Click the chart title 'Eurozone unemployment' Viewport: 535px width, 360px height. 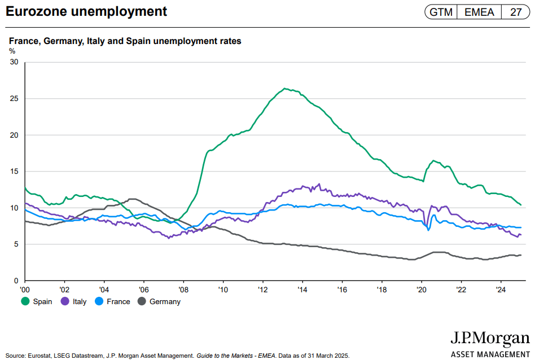pyautogui.click(x=86, y=11)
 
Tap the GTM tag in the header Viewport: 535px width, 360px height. pyautogui.click(x=441, y=12)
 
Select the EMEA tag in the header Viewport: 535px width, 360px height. pyautogui.click(x=479, y=12)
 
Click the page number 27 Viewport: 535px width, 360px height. pyautogui.click(x=515, y=12)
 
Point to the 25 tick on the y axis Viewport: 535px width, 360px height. pyautogui.click(x=15, y=99)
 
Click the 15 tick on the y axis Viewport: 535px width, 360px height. pyautogui.click(x=15, y=172)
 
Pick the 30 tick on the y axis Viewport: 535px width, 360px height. pyautogui.click(x=15, y=62)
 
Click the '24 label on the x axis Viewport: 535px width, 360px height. pyautogui.click(x=501, y=289)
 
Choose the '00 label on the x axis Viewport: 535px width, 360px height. pyautogui.click(x=25, y=289)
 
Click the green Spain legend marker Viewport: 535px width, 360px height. pyautogui.click(x=25, y=301)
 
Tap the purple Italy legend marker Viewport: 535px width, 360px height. pyautogui.click(x=65, y=301)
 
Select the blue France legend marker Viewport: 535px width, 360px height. pyautogui.click(x=99, y=301)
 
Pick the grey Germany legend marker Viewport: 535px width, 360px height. pyautogui.click(x=142, y=301)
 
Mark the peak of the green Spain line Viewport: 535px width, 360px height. pyautogui.click(x=285, y=89)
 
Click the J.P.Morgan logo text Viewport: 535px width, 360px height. pyautogui.click(x=490, y=339)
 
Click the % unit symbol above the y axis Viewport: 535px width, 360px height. pyautogui.click(x=12, y=51)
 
